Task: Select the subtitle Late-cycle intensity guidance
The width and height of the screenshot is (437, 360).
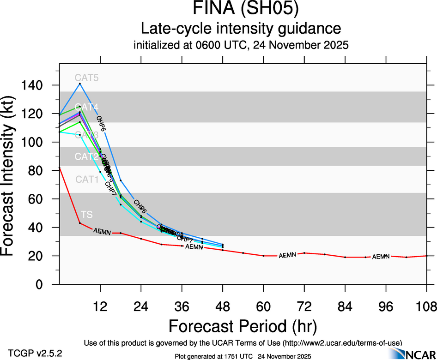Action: click(x=241, y=29)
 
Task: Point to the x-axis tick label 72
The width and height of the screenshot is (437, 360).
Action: click(x=304, y=306)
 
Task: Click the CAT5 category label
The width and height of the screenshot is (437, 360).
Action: click(x=87, y=78)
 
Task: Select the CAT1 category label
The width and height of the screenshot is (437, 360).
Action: click(x=87, y=179)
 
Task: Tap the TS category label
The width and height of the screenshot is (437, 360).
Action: click(x=86, y=215)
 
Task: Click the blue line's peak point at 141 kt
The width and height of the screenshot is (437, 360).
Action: click(x=80, y=84)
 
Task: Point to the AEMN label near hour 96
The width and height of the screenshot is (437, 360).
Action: click(x=381, y=257)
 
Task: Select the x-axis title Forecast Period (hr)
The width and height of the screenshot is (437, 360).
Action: click(x=243, y=326)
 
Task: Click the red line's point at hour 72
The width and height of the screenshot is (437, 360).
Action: click(x=304, y=253)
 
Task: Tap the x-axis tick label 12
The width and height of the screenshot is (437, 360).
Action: click(x=100, y=306)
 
